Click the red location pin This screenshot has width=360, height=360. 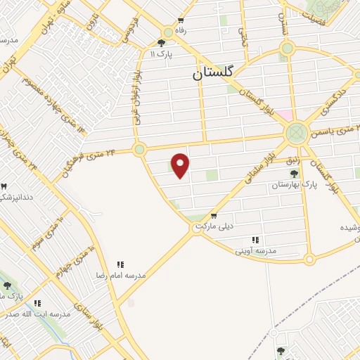pyautogui.click(x=181, y=165)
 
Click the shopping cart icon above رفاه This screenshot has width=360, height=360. pyautogui.click(x=181, y=20)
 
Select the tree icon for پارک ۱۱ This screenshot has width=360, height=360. pyautogui.click(x=161, y=43)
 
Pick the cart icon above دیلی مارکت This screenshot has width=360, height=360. pyautogui.click(x=213, y=215)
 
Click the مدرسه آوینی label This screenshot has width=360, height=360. pyautogui.click(x=256, y=250)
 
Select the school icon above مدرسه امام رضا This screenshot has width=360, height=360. pyautogui.click(x=120, y=265)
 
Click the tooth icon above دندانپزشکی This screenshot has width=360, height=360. pyautogui.click(x=4, y=186)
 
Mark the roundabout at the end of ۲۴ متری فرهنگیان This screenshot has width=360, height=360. pyautogui.click(x=139, y=148)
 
